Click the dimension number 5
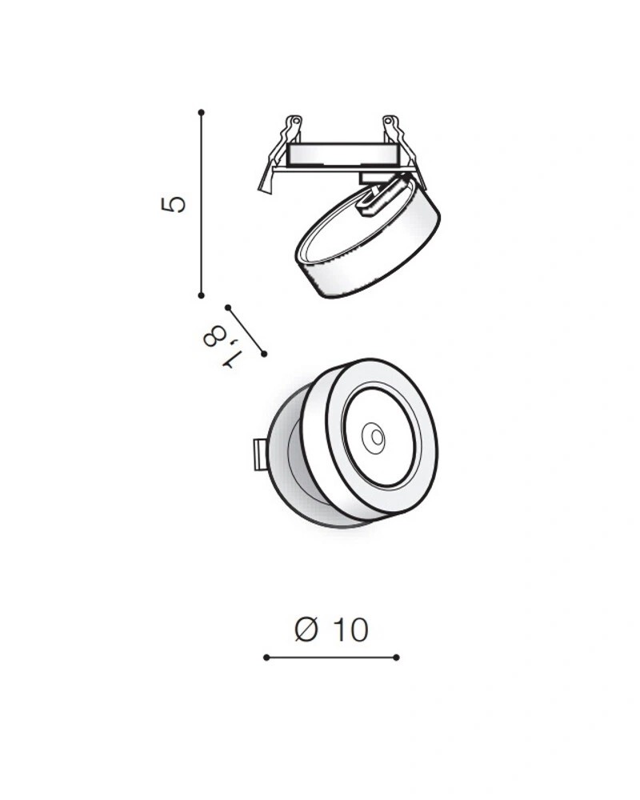click(x=173, y=203)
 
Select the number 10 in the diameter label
click(x=350, y=630)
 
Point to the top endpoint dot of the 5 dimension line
click(x=201, y=112)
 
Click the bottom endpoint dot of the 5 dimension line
click(x=201, y=295)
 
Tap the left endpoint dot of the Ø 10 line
click(x=266, y=657)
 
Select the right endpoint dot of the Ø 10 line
click(x=397, y=657)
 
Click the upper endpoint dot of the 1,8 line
click(x=228, y=308)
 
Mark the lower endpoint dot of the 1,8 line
click(x=264, y=354)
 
